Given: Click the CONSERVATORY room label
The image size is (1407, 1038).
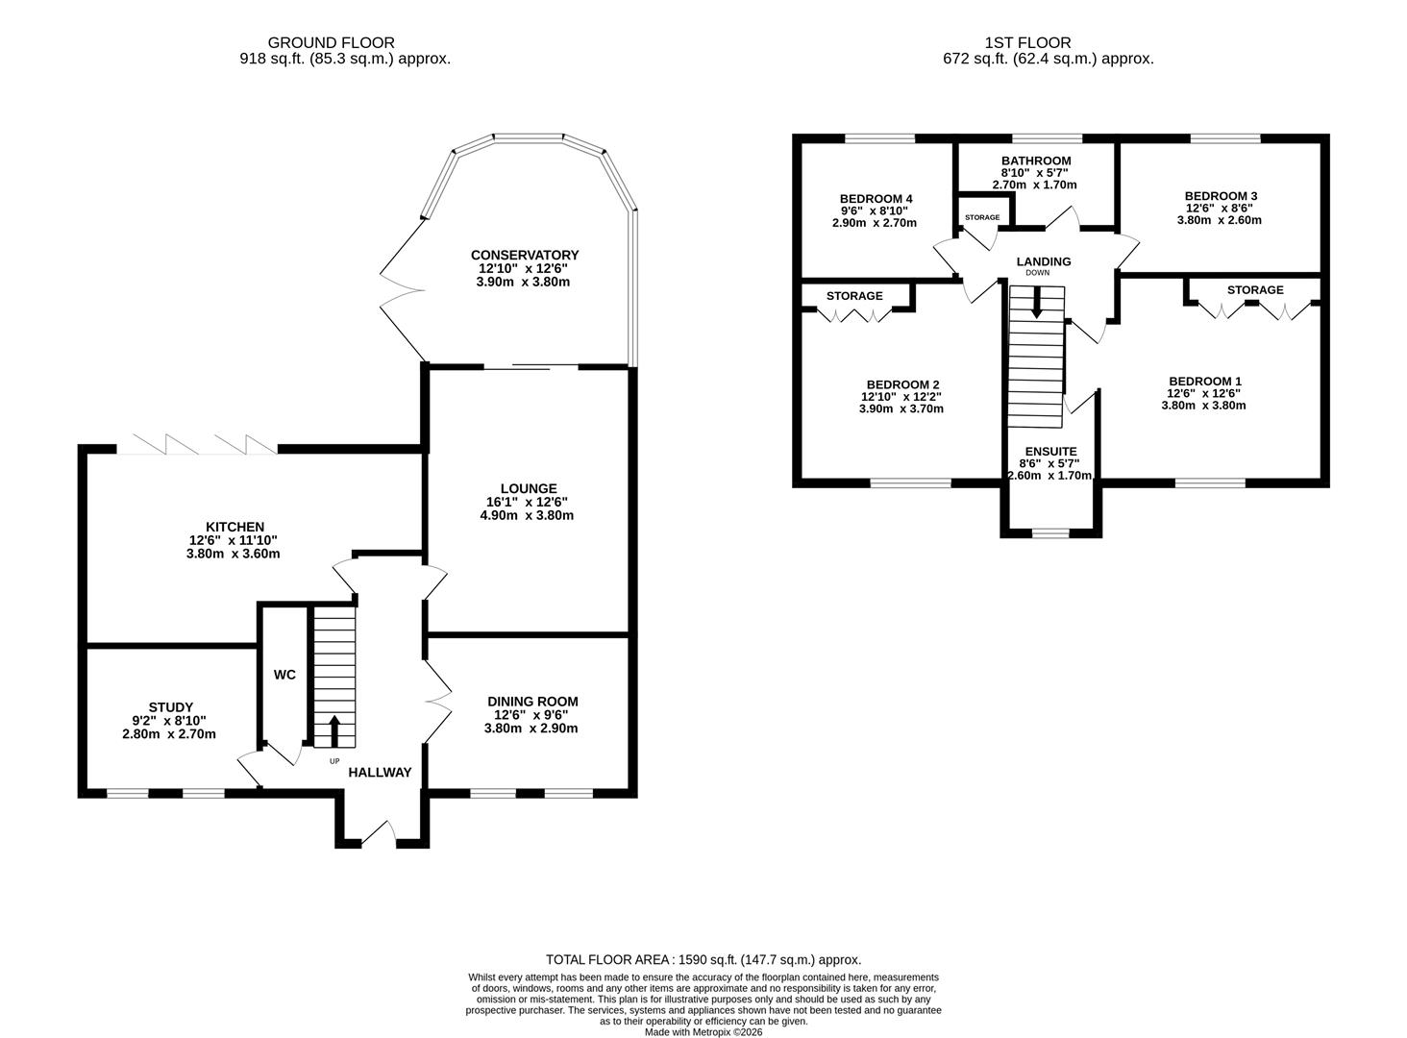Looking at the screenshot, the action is pyautogui.click(x=525, y=255).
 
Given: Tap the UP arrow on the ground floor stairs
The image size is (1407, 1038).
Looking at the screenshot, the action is pyautogui.click(x=334, y=730).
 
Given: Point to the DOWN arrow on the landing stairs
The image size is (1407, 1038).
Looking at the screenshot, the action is pyautogui.click(x=1036, y=302).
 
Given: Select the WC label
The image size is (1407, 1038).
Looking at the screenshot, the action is pyautogui.click(x=284, y=675).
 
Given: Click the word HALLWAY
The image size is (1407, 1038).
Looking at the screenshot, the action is pyautogui.click(x=380, y=772).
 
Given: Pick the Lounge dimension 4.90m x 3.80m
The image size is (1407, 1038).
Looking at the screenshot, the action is pyautogui.click(x=527, y=515).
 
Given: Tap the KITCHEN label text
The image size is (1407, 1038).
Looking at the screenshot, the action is pyautogui.click(x=234, y=527).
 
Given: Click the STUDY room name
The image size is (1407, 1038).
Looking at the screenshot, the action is pyautogui.click(x=171, y=706).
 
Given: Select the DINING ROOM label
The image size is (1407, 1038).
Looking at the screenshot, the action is pyautogui.click(x=532, y=702).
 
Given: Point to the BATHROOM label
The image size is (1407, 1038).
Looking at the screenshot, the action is pyautogui.click(x=1036, y=161).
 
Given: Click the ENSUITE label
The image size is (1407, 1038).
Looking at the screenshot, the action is pyautogui.click(x=1050, y=451).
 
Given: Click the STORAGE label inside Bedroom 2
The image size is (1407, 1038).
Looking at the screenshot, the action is pyautogui.click(x=854, y=296).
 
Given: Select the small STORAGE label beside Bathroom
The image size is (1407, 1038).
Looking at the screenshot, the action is pyautogui.click(x=982, y=217).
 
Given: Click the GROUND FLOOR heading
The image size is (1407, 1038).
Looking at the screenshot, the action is pyautogui.click(x=331, y=42).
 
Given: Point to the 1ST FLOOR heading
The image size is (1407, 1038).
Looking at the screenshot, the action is pyautogui.click(x=1027, y=42).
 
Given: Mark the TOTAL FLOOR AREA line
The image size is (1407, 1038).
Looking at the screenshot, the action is pyautogui.click(x=703, y=959).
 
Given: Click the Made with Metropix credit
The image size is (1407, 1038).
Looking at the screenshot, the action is pyautogui.click(x=703, y=1031).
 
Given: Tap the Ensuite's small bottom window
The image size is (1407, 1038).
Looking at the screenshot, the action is pyautogui.click(x=1050, y=533).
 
